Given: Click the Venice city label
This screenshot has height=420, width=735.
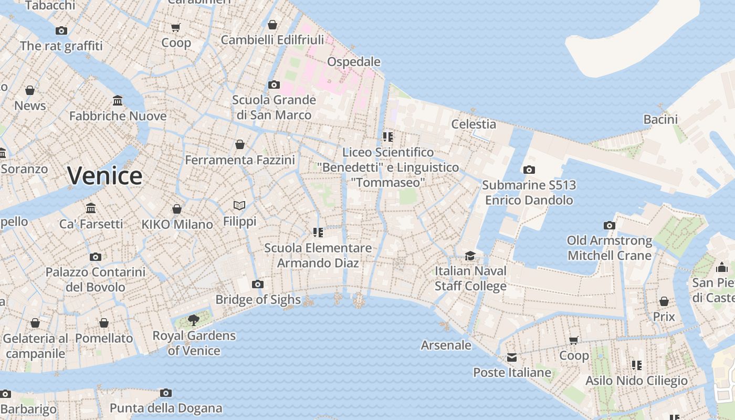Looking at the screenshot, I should (x=104, y=175).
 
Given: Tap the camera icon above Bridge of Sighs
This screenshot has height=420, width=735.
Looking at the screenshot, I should (x=257, y=284).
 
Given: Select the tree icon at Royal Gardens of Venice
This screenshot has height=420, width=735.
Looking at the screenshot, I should (x=194, y=319).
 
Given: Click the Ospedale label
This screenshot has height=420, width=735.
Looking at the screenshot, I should (x=353, y=61).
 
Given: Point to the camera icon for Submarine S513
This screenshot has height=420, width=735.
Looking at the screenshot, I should (x=529, y=170).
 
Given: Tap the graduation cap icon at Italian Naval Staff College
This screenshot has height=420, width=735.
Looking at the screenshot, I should (x=470, y=256).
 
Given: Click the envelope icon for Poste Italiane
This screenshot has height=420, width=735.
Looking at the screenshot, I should (x=511, y=358).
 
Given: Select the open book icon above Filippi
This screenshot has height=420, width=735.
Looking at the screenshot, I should (x=239, y=205).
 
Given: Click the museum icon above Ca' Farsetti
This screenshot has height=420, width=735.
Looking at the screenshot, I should (x=91, y=208).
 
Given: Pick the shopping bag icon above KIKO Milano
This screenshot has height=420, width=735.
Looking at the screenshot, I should (x=177, y=209).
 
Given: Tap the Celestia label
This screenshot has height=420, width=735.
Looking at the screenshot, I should (x=474, y=124).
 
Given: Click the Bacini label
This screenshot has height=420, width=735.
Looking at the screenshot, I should (x=660, y=119).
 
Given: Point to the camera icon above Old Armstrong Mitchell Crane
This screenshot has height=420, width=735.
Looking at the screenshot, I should (x=609, y=225).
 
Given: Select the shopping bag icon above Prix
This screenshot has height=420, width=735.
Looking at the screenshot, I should (x=664, y=301).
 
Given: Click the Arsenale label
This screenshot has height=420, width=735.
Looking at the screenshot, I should (x=446, y=345).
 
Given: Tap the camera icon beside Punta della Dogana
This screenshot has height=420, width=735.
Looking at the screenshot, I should (x=166, y=393).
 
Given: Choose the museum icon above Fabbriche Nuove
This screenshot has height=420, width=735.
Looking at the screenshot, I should (x=118, y=100).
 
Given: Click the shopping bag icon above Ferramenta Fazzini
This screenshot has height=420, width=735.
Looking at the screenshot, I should (x=240, y=144).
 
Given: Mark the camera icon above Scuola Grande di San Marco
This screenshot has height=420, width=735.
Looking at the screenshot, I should (x=274, y=85).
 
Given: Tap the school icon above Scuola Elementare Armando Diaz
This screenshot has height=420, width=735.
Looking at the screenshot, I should (x=318, y=232).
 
